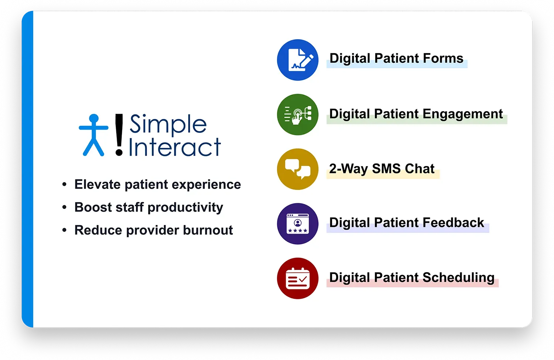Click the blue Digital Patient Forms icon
point(298,60)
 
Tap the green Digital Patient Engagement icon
point(298,115)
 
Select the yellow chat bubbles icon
point(298,169)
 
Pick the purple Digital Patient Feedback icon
point(298,224)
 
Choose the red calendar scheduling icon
point(298,278)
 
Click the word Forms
point(443,58)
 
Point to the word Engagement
point(463,114)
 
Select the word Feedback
point(453,223)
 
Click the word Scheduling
point(459,278)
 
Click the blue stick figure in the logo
point(93,135)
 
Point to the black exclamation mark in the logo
point(119,135)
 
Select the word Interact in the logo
point(175,147)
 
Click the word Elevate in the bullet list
point(98,184)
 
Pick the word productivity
point(185,208)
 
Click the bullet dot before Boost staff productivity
point(65,207)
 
